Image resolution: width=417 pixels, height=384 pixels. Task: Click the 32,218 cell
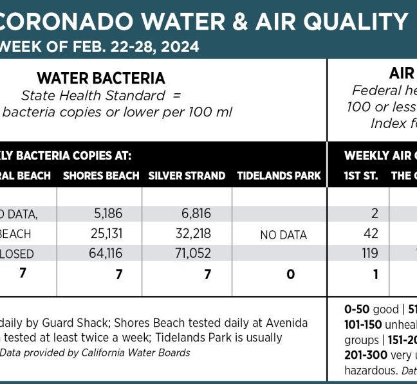pyautogui.click(x=192, y=233)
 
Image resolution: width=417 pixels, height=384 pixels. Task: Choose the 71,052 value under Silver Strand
pyautogui.click(x=192, y=253)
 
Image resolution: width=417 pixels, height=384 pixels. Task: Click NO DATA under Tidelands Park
pyautogui.click(x=283, y=235)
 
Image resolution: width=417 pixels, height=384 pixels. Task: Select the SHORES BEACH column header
pyautogui.click(x=101, y=176)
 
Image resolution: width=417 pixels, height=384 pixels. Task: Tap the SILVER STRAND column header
pyautogui.click(x=187, y=176)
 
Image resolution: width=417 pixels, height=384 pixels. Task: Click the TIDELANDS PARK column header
pyautogui.click(x=279, y=176)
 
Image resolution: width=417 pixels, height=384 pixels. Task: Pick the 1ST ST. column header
pyautogui.click(x=361, y=176)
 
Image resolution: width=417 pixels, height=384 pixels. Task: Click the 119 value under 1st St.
pyautogui.click(x=369, y=253)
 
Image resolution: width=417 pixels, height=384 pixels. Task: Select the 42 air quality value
pyautogui.click(x=371, y=233)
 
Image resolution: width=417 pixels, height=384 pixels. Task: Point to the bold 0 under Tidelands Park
pyautogui.click(x=291, y=275)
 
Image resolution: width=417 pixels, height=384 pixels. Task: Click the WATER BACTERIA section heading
pyautogui.click(x=101, y=78)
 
